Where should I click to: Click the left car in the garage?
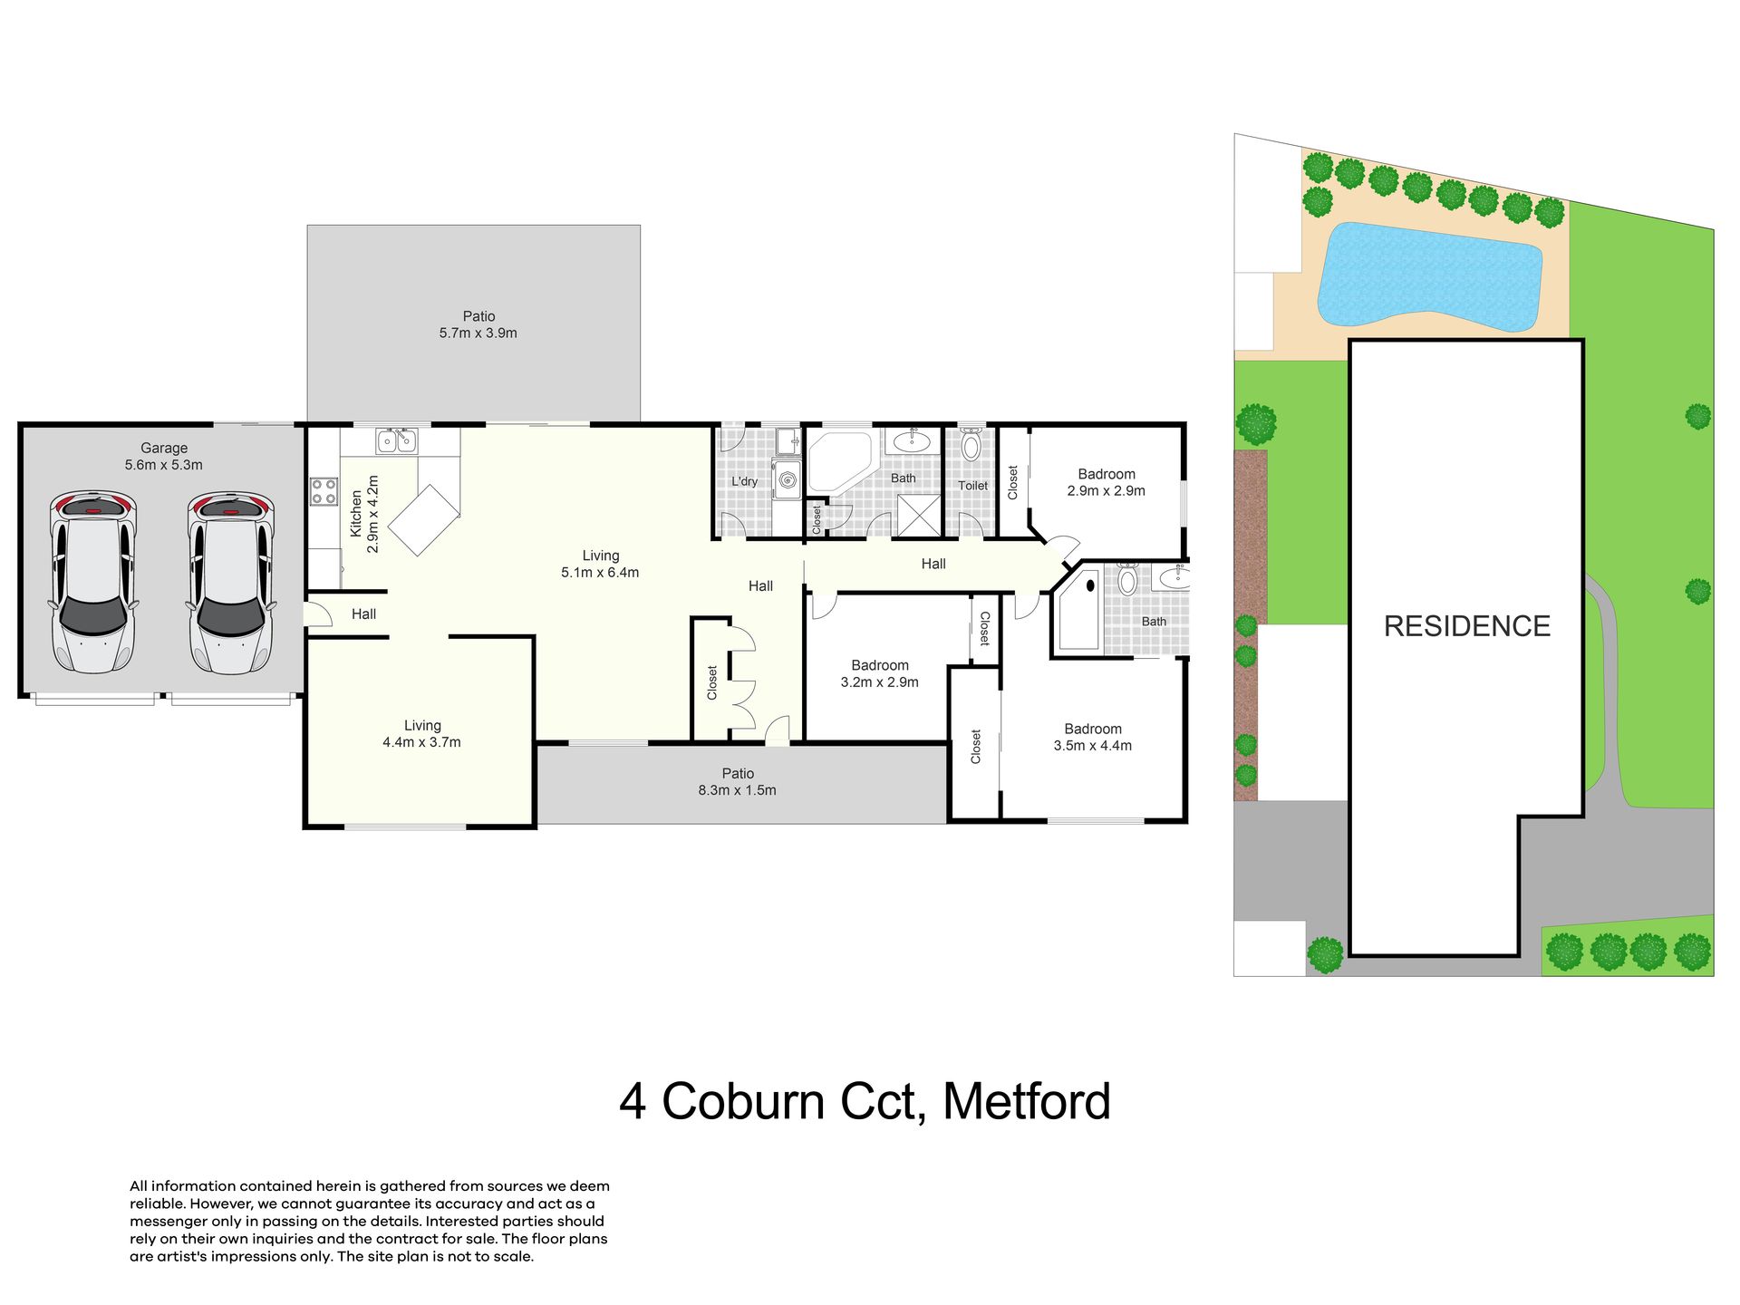(x=93, y=583)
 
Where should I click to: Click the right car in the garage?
(x=231, y=583)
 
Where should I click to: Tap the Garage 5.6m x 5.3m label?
(x=164, y=456)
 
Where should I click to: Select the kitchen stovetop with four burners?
(x=324, y=491)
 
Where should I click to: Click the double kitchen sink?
(x=397, y=440)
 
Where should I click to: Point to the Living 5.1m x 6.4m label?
(x=600, y=564)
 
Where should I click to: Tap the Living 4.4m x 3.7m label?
(x=421, y=733)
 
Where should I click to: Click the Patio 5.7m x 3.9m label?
(x=478, y=324)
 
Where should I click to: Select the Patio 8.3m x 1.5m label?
(x=738, y=781)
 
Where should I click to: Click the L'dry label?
(x=744, y=481)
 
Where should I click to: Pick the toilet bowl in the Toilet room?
(x=971, y=444)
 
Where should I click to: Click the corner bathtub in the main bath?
(x=841, y=462)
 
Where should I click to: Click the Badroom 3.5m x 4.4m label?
(x=1093, y=737)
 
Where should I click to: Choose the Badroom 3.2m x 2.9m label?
(x=880, y=673)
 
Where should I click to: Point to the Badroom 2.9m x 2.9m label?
(x=1107, y=482)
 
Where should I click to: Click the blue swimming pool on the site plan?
(x=1430, y=275)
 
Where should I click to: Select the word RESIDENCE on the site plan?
(x=1467, y=625)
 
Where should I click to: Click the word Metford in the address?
(x=1027, y=1101)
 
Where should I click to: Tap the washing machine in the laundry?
(x=787, y=478)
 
